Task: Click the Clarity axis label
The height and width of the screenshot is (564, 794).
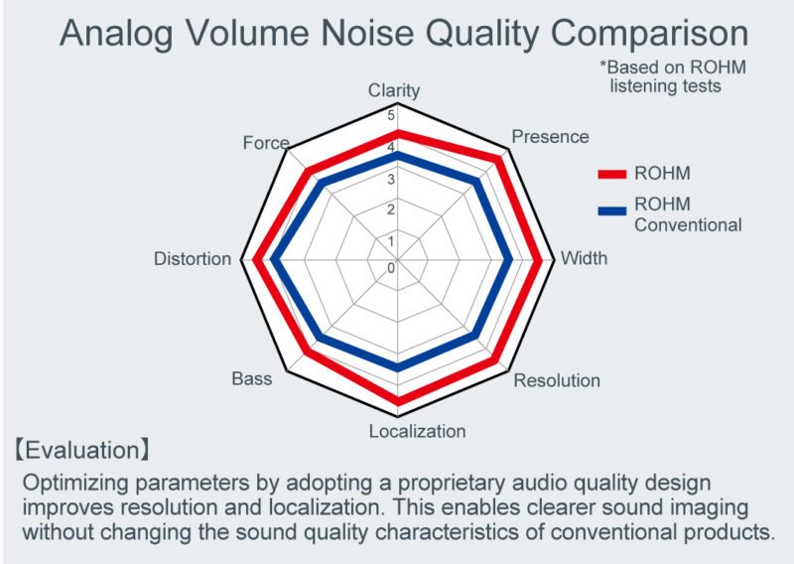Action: [394, 90]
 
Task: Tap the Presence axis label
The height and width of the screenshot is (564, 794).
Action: [550, 137]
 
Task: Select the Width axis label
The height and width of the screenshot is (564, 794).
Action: [585, 259]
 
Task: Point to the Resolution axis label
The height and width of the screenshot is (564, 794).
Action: [557, 380]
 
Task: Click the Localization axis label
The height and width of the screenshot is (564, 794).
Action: [417, 431]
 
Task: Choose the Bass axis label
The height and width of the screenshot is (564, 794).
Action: [252, 378]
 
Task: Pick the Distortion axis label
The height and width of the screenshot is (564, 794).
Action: [193, 259]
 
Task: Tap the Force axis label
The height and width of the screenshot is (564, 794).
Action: [266, 143]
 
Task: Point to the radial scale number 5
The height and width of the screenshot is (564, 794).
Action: [390, 115]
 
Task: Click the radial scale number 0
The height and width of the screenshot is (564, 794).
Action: [390, 267]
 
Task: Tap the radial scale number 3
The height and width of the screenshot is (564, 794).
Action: [390, 180]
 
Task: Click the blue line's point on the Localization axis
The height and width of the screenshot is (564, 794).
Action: [398, 367]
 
